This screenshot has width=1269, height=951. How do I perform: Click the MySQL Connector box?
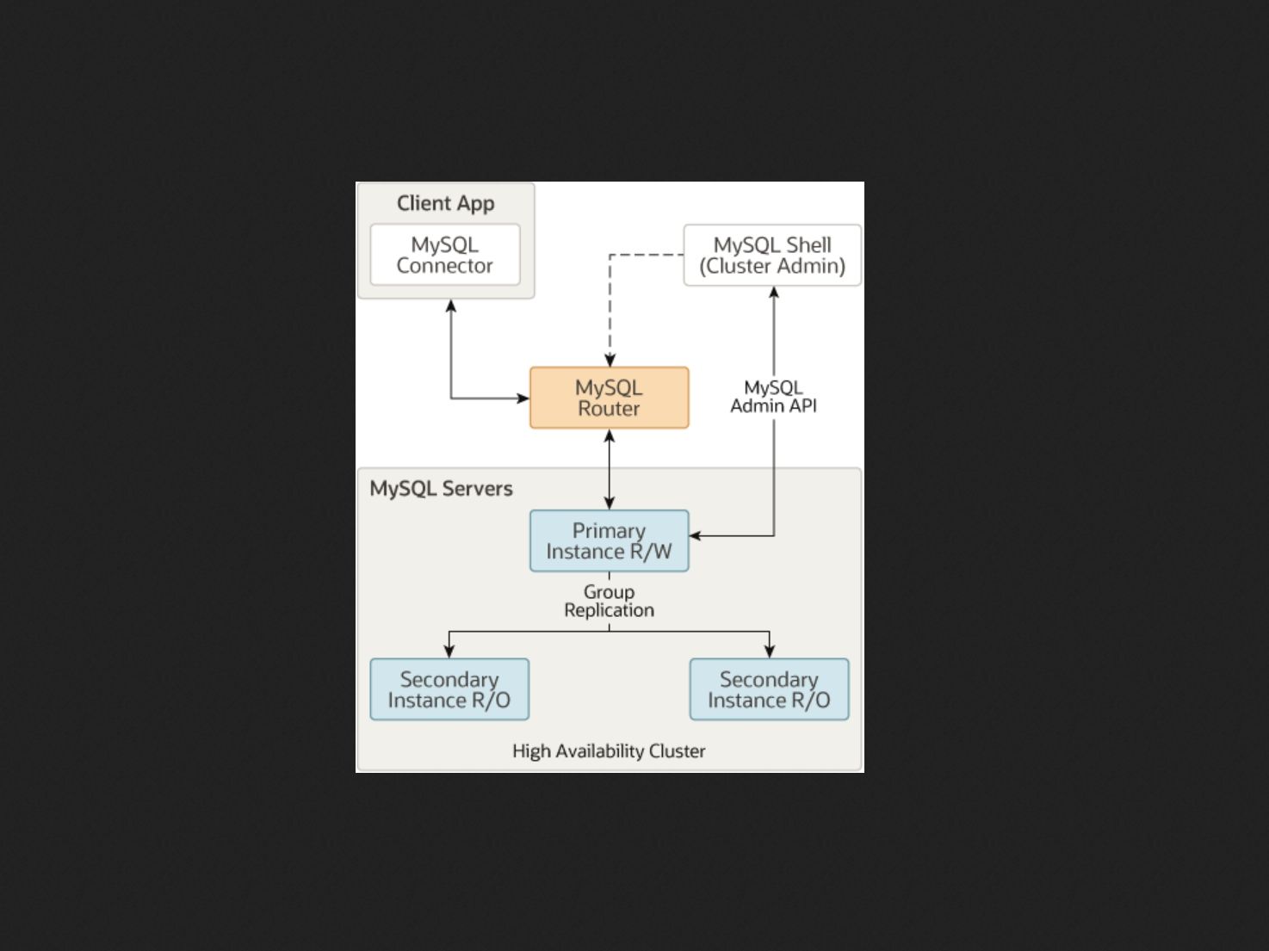(445, 255)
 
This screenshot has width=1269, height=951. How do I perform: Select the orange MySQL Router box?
(609, 398)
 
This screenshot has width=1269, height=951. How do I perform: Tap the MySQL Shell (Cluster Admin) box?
(772, 255)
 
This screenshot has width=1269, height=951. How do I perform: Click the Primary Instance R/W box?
(609, 540)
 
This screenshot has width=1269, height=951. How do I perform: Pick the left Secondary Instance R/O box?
(449, 689)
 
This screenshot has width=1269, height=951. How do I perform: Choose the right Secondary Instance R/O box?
(769, 689)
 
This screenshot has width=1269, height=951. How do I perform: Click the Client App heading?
(445, 203)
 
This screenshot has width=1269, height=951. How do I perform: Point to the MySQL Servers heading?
(441, 488)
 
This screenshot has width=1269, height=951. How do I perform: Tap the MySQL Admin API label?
(773, 397)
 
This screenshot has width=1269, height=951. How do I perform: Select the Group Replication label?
(609, 601)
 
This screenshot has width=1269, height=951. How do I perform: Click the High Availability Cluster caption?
(609, 750)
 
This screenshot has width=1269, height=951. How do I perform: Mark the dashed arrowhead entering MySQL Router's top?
(610, 361)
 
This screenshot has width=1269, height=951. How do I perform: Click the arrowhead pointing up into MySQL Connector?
(451, 306)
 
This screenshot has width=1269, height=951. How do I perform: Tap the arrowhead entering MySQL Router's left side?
(523, 398)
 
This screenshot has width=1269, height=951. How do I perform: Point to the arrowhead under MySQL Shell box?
(774, 293)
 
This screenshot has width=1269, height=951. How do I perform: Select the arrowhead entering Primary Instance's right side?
(696, 536)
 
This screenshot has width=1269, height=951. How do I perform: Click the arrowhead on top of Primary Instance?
(610, 503)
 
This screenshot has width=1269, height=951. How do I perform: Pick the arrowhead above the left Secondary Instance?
(449, 651)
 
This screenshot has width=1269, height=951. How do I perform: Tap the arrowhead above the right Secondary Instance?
(770, 651)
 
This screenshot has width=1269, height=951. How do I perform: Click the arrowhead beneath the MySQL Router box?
(610, 435)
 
